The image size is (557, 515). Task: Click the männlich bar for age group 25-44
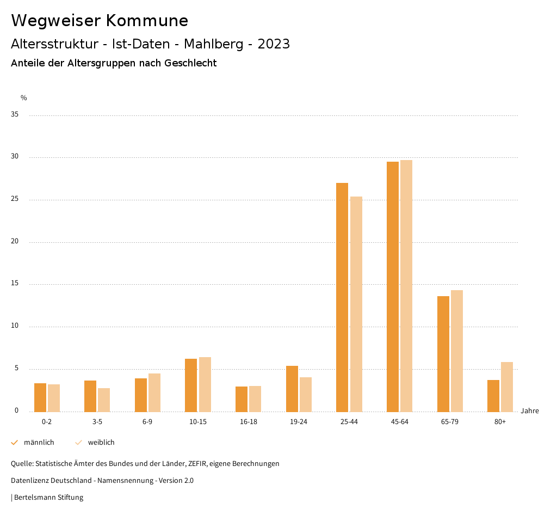tap(342, 297)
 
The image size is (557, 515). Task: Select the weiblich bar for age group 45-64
tap(406, 286)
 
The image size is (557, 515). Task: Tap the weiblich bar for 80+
tap(507, 387)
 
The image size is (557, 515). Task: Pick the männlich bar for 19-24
tap(292, 389)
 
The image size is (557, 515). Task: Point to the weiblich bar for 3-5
tap(104, 400)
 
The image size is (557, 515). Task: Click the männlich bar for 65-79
tap(443, 354)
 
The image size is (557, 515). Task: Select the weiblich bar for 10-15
tap(205, 384)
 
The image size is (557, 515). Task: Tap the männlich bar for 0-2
tap(40, 397)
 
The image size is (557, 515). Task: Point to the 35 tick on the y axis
tap(15, 115)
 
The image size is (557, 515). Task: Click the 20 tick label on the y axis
tap(15, 242)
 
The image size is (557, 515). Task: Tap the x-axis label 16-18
tap(248, 422)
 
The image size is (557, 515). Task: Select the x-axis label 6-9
tap(147, 422)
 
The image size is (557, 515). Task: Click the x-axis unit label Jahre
tap(529, 411)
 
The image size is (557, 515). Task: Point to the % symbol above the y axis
tap(23, 98)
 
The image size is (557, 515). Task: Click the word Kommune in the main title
tap(147, 21)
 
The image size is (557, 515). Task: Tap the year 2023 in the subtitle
tap(274, 44)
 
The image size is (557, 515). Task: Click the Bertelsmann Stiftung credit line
tap(48, 497)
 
